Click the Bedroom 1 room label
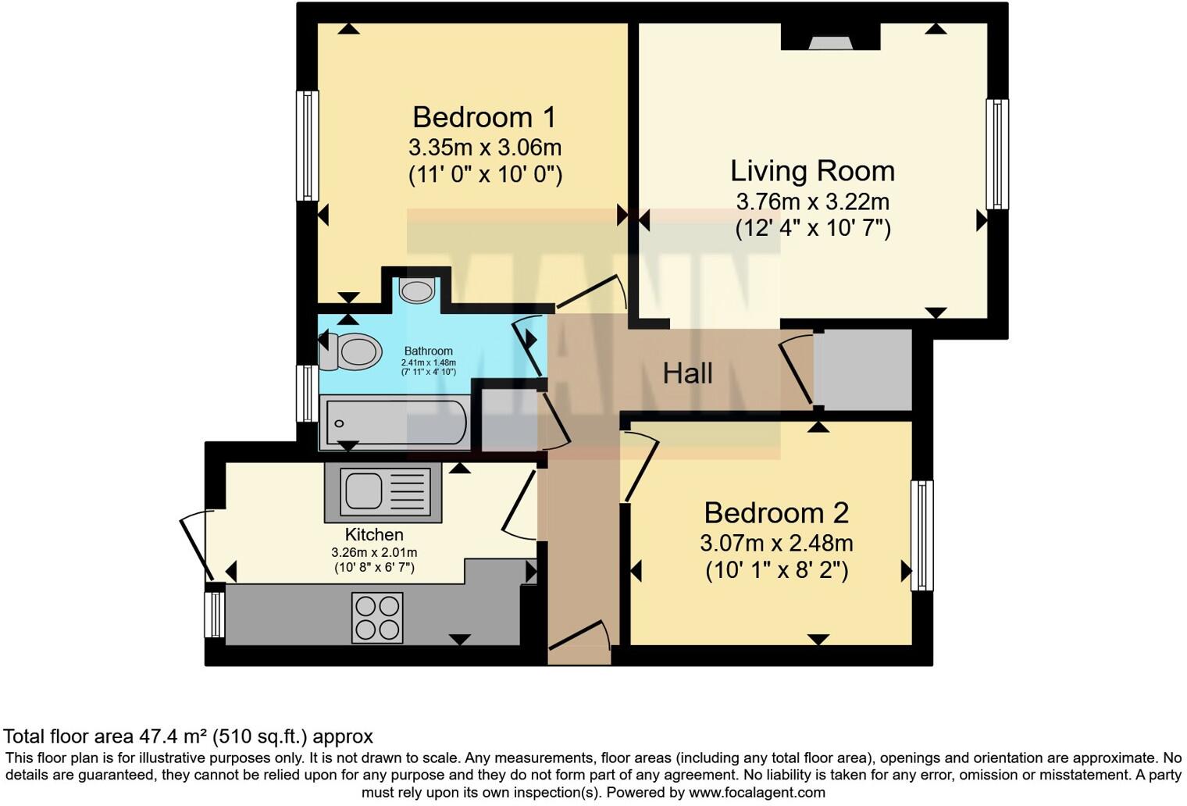click(x=484, y=117)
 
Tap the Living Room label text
click(x=812, y=171)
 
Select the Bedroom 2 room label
click(x=775, y=513)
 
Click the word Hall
click(x=687, y=373)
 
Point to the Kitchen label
click(x=374, y=535)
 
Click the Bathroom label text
click(x=428, y=351)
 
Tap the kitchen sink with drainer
click(x=383, y=492)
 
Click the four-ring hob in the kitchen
click(x=377, y=617)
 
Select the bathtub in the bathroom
click(x=394, y=423)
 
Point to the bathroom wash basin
click(x=417, y=291)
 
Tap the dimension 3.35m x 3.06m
click(x=484, y=147)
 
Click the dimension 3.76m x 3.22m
click(x=812, y=201)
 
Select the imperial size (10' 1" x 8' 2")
click(x=776, y=571)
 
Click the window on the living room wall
click(x=997, y=154)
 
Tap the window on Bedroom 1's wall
click(x=308, y=146)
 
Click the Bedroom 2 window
click(x=922, y=535)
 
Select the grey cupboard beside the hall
click(x=863, y=369)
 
